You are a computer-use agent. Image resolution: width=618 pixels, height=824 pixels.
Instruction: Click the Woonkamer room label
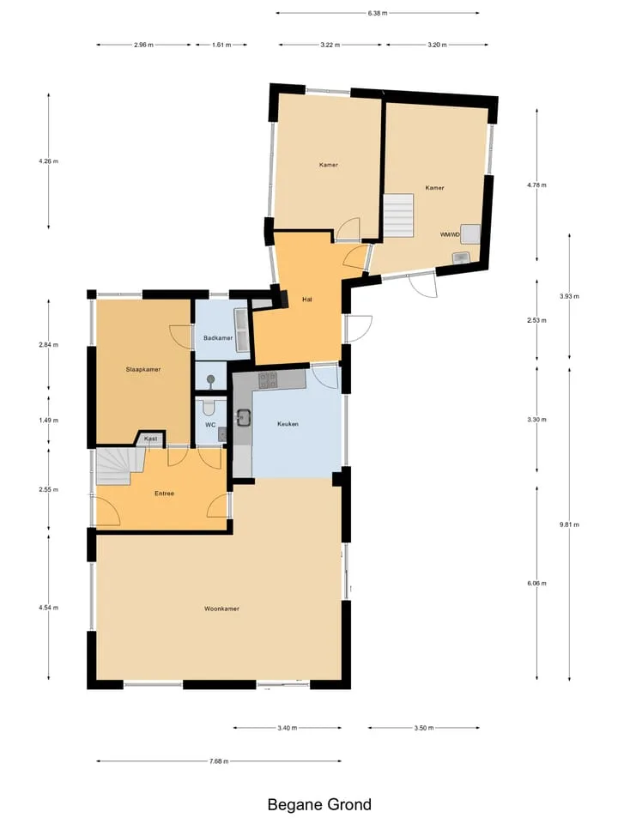[x=221, y=609]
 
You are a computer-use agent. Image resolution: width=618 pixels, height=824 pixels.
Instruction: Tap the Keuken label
[x=288, y=423]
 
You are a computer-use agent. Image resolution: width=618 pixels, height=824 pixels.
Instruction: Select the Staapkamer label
[x=143, y=369]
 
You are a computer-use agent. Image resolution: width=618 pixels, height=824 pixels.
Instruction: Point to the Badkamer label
[x=217, y=338]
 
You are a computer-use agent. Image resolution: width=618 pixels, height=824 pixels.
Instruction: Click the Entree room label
[x=164, y=494]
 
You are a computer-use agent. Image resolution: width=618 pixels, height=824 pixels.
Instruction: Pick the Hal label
[x=307, y=300]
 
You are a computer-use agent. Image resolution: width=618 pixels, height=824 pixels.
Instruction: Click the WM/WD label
[x=450, y=234]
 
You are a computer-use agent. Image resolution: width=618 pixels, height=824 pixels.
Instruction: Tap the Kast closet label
[x=150, y=439]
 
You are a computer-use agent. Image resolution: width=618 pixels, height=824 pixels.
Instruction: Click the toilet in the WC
[x=209, y=407]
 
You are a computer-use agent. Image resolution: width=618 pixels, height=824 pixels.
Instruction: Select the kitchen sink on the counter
[x=243, y=418]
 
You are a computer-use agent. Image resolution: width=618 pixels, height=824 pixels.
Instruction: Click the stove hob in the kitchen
[x=268, y=380]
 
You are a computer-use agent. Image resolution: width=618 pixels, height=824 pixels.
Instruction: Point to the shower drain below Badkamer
[x=211, y=379]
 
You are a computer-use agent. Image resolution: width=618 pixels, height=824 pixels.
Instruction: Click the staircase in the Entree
[x=121, y=466]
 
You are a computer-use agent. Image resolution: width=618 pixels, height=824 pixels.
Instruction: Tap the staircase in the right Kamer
[x=398, y=216]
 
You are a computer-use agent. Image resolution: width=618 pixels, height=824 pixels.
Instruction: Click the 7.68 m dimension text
[x=219, y=761]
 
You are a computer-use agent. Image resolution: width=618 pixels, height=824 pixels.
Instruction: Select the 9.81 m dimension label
[x=569, y=524]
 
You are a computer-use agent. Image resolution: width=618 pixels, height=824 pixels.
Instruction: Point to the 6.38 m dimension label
[x=378, y=13]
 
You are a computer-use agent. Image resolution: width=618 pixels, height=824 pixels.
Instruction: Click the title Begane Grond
[x=319, y=804]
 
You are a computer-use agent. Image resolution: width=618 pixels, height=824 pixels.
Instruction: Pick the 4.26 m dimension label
[x=48, y=161]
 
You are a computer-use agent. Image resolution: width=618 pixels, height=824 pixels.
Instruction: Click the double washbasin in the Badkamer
[x=243, y=330]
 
